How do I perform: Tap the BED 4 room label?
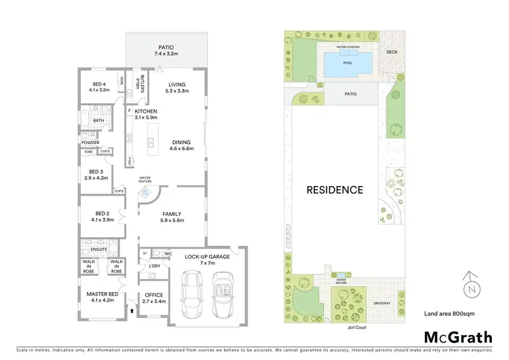tap(99, 85)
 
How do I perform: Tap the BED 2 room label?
tap(102, 216)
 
